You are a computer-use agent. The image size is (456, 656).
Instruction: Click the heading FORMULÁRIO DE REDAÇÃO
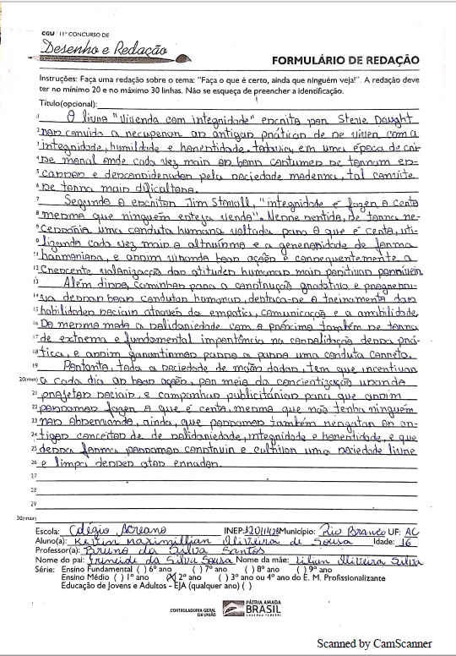pos(345,59)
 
